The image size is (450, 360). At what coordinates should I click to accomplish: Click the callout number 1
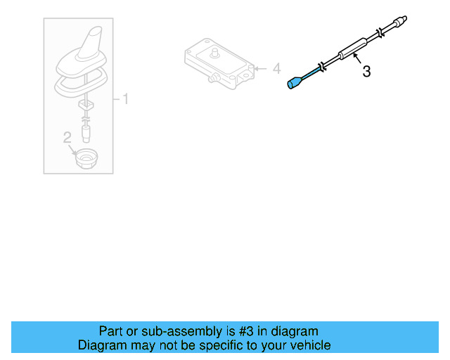(126, 98)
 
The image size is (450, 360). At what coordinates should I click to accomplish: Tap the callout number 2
(67, 137)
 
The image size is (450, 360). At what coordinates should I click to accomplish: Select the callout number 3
(366, 72)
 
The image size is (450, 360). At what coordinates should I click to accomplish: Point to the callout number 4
(276, 69)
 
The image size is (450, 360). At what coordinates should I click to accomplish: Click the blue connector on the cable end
(293, 84)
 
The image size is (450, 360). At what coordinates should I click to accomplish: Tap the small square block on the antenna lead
(86, 105)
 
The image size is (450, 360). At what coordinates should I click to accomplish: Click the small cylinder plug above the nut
(86, 131)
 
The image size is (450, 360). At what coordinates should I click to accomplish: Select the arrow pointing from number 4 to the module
(261, 69)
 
